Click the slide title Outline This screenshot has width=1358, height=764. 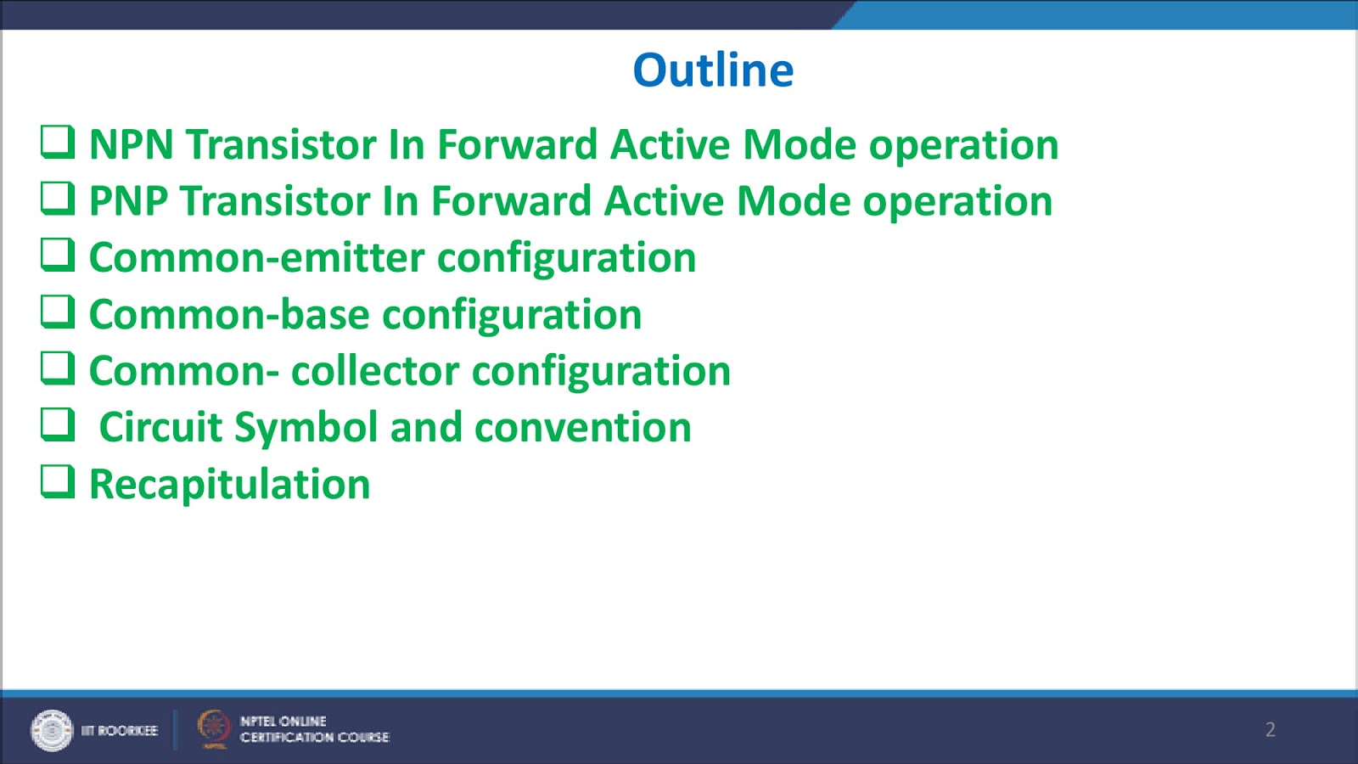pos(713,70)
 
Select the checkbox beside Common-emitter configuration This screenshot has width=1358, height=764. pos(58,254)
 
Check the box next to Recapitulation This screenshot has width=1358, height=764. pos(58,480)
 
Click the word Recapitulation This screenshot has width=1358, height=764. pos(229,485)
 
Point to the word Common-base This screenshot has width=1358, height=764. pos(229,315)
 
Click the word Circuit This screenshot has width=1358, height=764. pos(160,428)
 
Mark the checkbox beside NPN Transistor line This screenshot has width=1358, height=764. pos(58,141)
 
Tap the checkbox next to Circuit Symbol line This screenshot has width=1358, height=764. pos(58,424)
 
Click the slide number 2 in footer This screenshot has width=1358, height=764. pos(1270,729)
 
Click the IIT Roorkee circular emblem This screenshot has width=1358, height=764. pos(52,730)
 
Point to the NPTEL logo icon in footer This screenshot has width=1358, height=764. pos(213,728)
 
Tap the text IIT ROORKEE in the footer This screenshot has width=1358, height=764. pos(119,730)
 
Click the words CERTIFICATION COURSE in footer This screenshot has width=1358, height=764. pos(314,738)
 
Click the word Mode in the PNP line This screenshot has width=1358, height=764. pos(793,202)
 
